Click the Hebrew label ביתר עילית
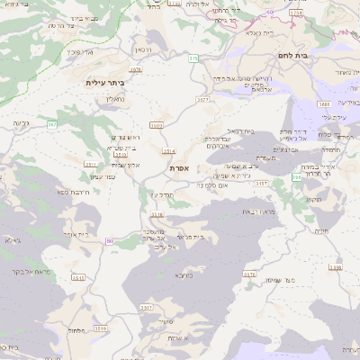(105, 82)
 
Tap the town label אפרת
(178, 167)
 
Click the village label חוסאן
(144, 49)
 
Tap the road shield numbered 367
(51, 124)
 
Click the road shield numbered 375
(193, 58)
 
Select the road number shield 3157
(262, 183)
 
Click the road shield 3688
(323, 104)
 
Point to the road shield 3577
(202, 101)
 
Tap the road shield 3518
(157, 214)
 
